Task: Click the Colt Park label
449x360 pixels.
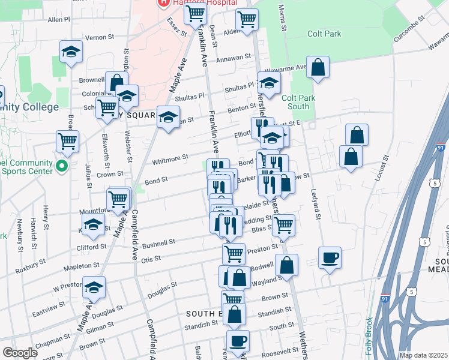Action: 324,34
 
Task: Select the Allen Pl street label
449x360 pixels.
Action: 59,19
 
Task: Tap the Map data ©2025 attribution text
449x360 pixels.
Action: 424,355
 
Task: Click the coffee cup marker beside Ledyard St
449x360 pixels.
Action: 330,259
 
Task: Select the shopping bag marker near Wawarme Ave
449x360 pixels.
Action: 318,68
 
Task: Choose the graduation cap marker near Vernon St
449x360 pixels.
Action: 71,53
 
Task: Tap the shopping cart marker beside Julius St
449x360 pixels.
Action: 67,142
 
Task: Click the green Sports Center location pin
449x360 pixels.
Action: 60,165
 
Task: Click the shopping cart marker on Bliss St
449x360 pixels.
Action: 283,226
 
